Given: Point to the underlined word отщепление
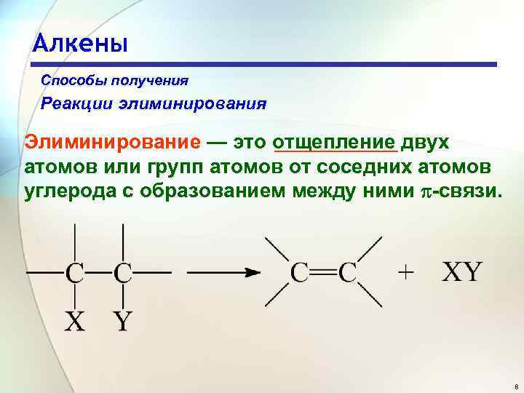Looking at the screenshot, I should (334, 141).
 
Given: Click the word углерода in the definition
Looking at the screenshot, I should (66, 193).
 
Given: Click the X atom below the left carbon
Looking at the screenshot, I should (74, 320).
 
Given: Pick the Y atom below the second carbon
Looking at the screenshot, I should (122, 320).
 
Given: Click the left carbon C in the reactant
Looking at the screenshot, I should (75, 273).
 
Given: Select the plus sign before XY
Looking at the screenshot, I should (406, 272).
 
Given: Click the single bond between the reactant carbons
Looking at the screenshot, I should (98, 274).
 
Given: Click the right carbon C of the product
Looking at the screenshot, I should (347, 273).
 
